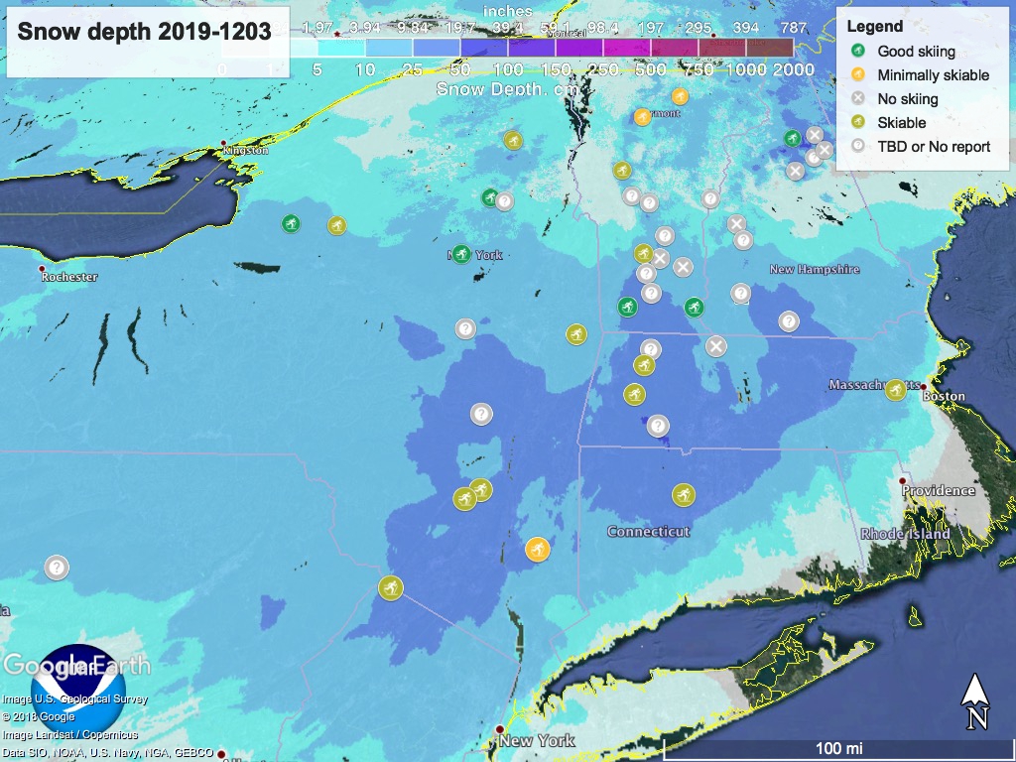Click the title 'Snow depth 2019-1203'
145,31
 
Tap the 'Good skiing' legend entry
917,51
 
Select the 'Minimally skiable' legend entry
933,74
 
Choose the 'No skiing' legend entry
907,98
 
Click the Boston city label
944,396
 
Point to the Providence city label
938,490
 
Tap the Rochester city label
69,277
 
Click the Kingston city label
246,150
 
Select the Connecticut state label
648,532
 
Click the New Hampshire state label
814,270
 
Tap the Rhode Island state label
905,534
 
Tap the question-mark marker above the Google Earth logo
57,568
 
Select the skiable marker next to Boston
895,389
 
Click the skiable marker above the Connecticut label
683,494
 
